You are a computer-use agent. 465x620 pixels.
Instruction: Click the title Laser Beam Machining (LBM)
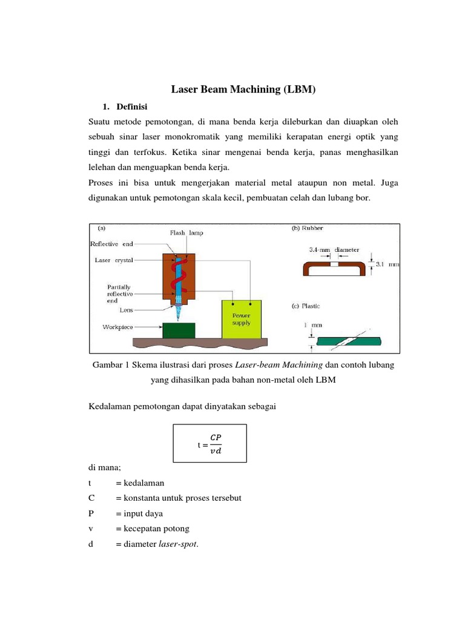pyautogui.click(x=244, y=90)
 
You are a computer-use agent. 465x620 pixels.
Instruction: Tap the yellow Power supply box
pyautogui.click(x=242, y=319)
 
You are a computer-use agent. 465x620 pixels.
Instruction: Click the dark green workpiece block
pyautogui.click(x=179, y=330)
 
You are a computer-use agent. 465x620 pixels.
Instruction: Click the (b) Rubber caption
pyautogui.click(x=308, y=228)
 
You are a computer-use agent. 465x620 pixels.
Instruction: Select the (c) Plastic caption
pyautogui.click(x=306, y=306)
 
